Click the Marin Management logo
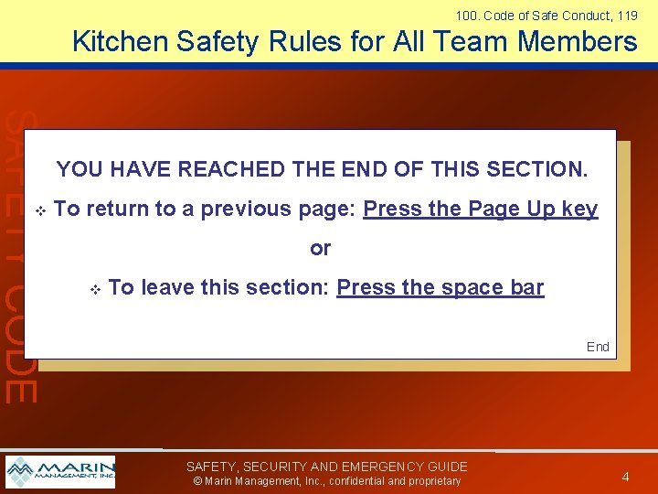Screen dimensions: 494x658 (x=60, y=471)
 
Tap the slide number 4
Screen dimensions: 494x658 (x=625, y=476)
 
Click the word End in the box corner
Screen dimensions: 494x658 (x=598, y=347)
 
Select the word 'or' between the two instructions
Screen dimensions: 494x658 (x=320, y=248)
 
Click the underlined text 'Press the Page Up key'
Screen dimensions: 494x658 (x=481, y=209)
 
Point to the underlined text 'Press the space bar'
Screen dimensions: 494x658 (x=440, y=287)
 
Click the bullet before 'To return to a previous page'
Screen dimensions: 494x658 (x=39, y=210)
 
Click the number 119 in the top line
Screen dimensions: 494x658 (x=627, y=15)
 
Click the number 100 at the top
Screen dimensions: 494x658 (x=465, y=15)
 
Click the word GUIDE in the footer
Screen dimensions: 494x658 (x=445, y=467)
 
